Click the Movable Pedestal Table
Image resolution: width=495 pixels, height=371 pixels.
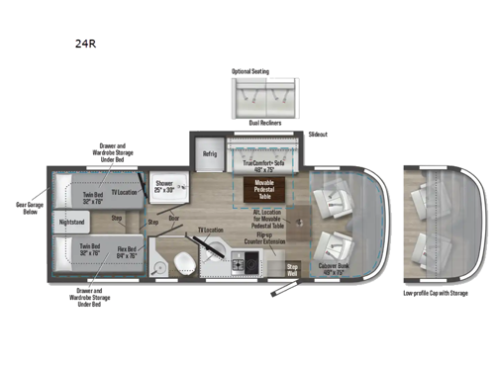264,188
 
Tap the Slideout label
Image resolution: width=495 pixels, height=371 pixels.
318,134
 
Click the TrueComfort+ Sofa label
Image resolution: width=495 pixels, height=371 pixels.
263,164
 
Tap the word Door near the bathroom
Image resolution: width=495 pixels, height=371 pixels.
173,219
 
